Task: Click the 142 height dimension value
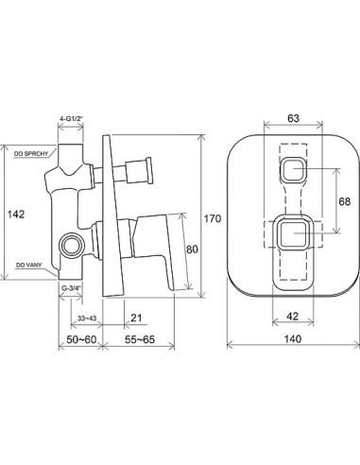tap(16, 215)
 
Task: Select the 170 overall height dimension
tap(213, 218)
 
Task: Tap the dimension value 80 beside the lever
tap(192, 250)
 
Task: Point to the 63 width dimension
tap(293, 118)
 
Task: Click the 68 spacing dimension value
tap(345, 201)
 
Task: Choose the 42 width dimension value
tap(293, 316)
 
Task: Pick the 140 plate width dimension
tap(293, 339)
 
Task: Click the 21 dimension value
tap(136, 319)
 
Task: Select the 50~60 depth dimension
tap(81, 339)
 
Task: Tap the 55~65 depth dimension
tap(140, 339)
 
